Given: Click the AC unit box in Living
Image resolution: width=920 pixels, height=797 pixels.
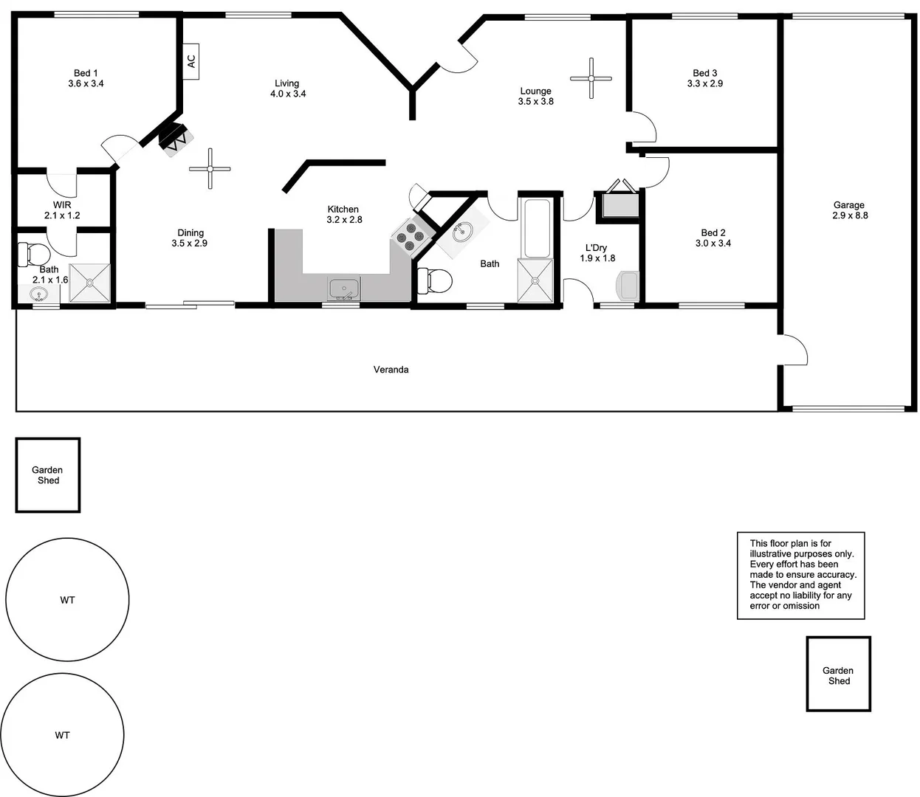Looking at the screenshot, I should coord(191,61).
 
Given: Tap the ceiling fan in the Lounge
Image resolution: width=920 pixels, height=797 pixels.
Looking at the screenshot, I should coord(591,78).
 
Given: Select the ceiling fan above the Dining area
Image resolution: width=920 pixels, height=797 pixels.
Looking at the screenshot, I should coord(210,168).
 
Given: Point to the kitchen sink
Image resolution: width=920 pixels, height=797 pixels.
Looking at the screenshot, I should coord(343,289).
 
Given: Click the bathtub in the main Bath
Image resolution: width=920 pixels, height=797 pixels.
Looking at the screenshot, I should coord(535,227).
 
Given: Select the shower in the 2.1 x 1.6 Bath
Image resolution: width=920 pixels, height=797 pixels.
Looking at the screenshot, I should coord(89,283).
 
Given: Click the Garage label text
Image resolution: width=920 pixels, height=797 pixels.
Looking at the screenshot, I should coord(848,205).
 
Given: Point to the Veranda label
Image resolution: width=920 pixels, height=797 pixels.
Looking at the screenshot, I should coord(391,370).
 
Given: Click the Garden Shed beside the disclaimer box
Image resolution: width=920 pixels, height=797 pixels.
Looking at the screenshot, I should coord(838,674).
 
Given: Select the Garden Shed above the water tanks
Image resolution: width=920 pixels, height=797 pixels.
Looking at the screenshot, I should coord(48,475).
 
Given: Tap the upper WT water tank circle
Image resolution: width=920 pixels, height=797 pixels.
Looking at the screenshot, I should coord(67,599).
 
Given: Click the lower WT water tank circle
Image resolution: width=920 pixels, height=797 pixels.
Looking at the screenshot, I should coord(62,734).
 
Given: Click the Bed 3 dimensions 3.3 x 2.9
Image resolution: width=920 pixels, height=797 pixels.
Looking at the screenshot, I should coord(704,84).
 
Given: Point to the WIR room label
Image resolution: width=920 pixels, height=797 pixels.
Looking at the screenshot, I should coord(62,204).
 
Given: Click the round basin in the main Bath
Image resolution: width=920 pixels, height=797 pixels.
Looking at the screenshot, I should coord(463,232).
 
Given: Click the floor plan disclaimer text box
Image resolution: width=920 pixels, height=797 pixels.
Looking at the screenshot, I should coord(800,575).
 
